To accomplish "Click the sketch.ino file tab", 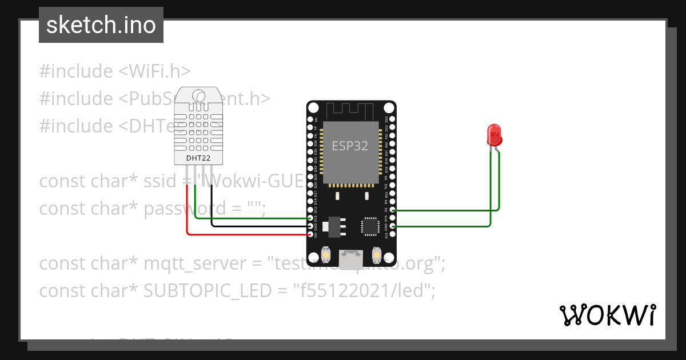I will coord(101,25).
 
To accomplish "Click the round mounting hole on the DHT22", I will coord(198,95).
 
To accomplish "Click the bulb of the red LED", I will coord(494,135).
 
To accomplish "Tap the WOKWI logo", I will coord(607,315).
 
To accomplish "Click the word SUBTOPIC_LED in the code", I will coord(207,291).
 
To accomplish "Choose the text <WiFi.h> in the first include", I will coord(154,71).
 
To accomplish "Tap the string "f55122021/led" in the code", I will coord(364,291).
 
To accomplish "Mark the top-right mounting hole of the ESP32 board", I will coord(389,107).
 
